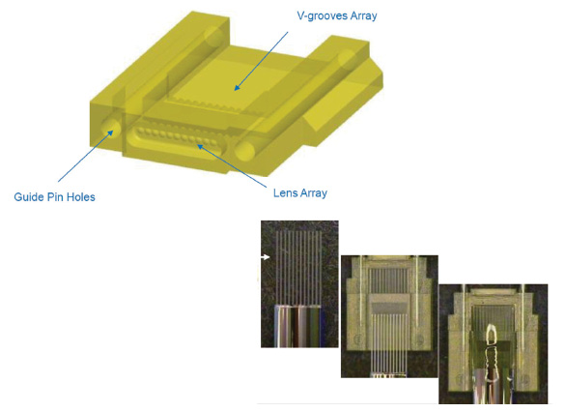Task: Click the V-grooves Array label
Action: click(337, 15)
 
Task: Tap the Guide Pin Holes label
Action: click(54, 197)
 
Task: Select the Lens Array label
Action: click(300, 193)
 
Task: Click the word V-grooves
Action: click(323, 15)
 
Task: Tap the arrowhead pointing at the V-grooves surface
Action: click(237, 87)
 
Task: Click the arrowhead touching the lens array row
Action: click(200, 146)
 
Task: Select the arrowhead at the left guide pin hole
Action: click(110, 133)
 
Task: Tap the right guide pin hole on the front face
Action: click(244, 151)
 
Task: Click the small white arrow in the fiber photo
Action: click(266, 257)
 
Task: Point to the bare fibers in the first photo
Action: click(298, 268)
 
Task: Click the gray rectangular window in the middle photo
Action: click(389, 308)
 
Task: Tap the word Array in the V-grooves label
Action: click(364, 15)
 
